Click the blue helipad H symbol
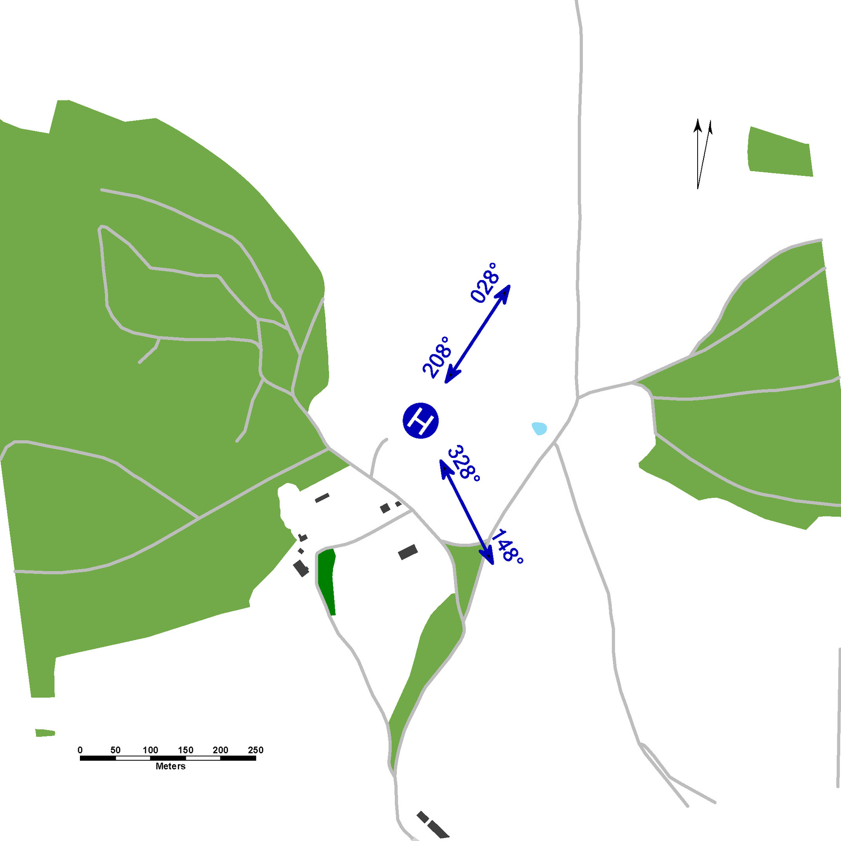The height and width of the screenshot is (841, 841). click(x=420, y=420)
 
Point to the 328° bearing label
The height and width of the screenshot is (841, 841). click(x=464, y=463)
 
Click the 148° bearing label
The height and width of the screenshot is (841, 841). click(x=508, y=546)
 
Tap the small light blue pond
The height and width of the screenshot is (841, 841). click(x=539, y=428)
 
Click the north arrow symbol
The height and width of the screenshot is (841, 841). click(x=702, y=153)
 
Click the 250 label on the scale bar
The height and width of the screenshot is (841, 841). click(x=256, y=750)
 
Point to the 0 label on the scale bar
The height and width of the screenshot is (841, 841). click(x=80, y=750)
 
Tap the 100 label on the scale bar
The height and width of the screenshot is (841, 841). click(x=150, y=750)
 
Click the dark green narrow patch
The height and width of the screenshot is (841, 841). click(x=326, y=582)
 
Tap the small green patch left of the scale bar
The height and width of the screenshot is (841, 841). click(x=45, y=733)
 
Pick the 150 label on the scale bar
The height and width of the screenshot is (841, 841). click(x=185, y=750)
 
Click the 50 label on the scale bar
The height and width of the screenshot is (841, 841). click(x=115, y=750)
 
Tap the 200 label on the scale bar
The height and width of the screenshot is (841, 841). click(x=220, y=750)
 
